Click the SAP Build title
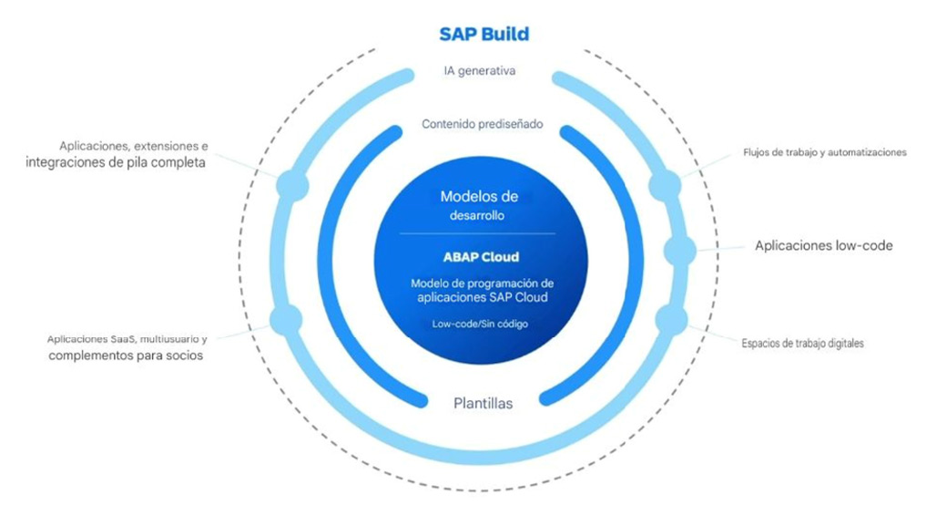click(484, 34)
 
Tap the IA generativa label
click(479, 70)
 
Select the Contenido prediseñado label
click(483, 124)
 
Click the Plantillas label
click(483, 403)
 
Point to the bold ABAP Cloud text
click(481, 257)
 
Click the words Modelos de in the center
click(479, 196)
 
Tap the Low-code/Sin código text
click(481, 324)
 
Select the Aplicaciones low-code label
click(823, 245)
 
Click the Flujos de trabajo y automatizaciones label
click(825, 152)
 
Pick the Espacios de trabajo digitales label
click(802, 343)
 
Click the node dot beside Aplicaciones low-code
click(680, 250)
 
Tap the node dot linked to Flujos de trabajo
click(665, 185)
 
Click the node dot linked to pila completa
click(293, 185)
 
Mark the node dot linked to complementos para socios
click(286, 320)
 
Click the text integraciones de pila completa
click(116, 163)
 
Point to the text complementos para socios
click(126, 356)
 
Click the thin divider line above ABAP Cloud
click(477, 233)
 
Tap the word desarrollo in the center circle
click(477, 215)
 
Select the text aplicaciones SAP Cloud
click(483, 297)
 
